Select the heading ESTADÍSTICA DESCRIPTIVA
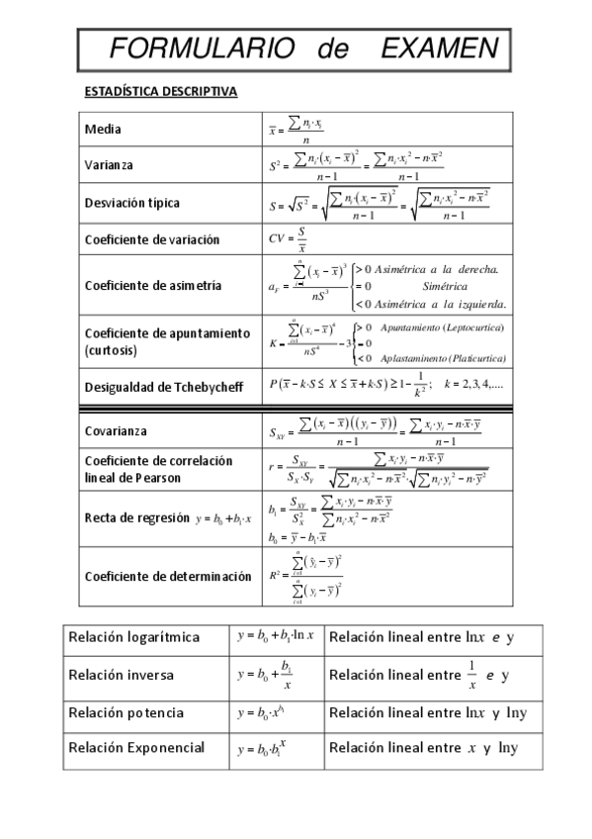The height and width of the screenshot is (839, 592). [160, 92]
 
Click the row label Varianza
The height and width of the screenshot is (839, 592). [109, 165]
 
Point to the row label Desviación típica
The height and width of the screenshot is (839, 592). [132, 203]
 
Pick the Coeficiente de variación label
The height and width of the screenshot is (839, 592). [152, 239]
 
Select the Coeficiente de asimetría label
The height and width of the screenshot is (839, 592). [153, 285]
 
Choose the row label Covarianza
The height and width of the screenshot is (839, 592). [116, 431]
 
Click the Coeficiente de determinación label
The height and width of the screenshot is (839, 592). [168, 576]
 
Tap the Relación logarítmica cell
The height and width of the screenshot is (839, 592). [134, 637]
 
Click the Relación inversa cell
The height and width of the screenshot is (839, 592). [122, 675]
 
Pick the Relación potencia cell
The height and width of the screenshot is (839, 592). [127, 712]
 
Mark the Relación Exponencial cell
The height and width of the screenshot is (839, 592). [137, 747]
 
